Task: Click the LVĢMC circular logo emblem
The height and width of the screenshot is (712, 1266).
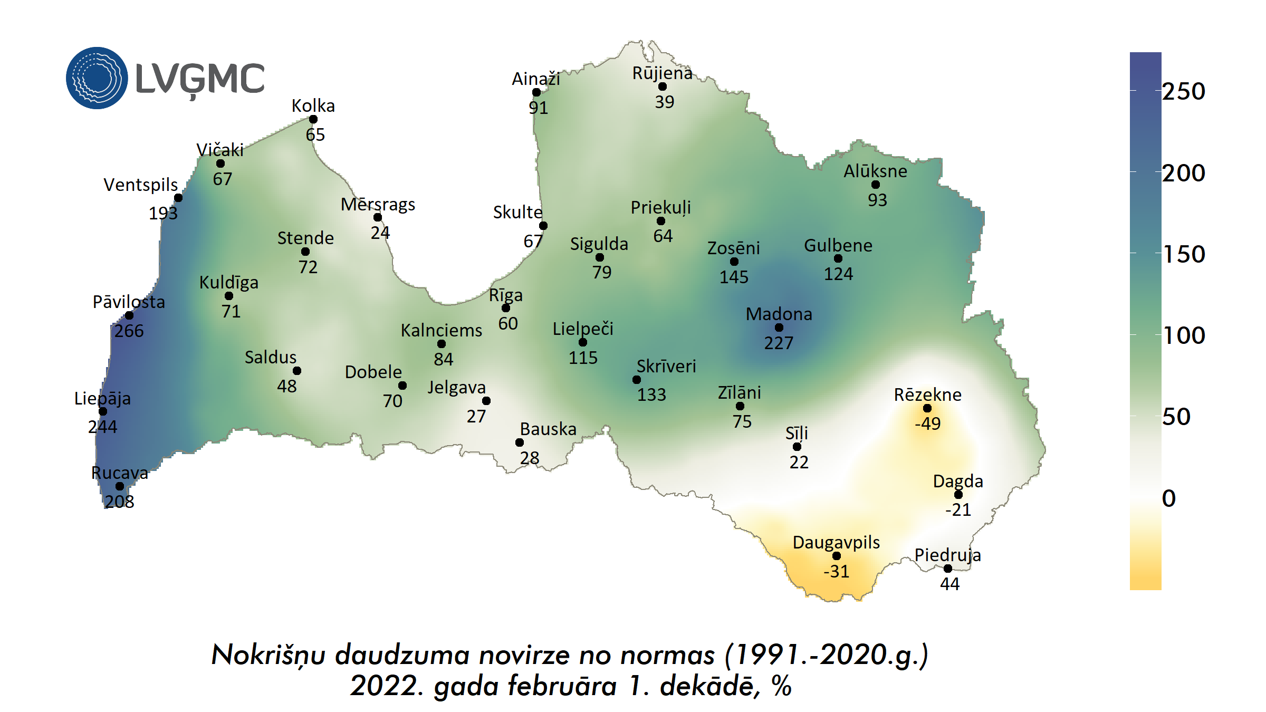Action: (x=97, y=78)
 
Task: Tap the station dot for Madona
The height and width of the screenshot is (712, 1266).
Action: (x=779, y=328)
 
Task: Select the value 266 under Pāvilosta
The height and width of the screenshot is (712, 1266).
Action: (x=129, y=331)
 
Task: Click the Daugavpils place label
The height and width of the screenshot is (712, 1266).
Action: (x=836, y=542)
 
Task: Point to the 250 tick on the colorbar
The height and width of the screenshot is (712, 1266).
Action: (x=1184, y=92)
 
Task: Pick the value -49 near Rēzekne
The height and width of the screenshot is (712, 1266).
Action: (x=927, y=424)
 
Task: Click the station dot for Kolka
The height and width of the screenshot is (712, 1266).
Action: (x=313, y=119)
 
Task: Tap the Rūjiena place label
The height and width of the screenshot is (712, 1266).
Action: (x=662, y=73)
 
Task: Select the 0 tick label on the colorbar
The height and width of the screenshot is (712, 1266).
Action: (x=1169, y=498)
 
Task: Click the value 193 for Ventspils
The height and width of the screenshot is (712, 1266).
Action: (x=163, y=213)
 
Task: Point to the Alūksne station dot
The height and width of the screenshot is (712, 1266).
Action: (x=876, y=185)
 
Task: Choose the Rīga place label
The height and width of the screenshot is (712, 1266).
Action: (x=505, y=295)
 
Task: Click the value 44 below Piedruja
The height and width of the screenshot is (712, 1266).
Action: (x=949, y=584)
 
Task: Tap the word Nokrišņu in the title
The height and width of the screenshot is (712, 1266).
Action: (x=268, y=656)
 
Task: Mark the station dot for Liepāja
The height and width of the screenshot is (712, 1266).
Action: (x=103, y=411)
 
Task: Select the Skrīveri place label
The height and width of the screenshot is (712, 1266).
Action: (x=666, y=366)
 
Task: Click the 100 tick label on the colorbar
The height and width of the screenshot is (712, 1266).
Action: (x=1184, y=335)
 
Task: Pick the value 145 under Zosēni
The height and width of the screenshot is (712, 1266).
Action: (x=734, y=277)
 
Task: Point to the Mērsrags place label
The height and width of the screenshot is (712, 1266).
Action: (x=378, y=204)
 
